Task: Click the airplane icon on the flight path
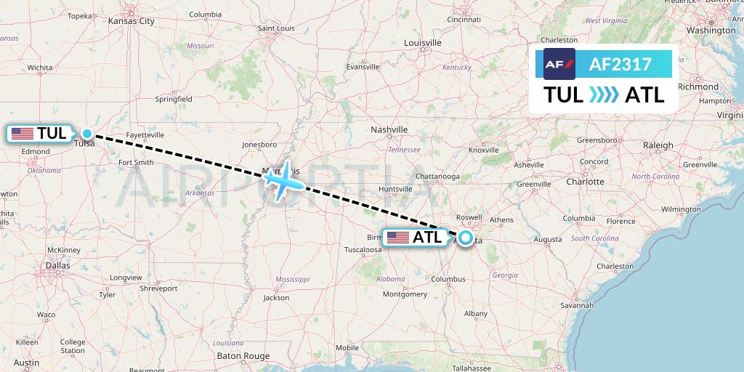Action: click(282, 179)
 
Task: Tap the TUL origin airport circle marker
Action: click(87, 133)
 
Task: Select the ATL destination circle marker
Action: click(465, 238)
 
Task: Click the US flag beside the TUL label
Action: click(23, 134)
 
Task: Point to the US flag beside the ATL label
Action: click(398, 238)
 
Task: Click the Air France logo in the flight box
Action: click(559, 64)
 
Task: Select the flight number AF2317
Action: click(620, 65)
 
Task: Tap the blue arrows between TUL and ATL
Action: click(604, 94)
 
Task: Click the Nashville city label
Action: click(389, 129)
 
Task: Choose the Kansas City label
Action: click(131, 21)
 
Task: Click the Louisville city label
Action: click(422, 43)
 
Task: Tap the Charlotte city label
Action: click(585, 182)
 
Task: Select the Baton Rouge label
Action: click(243, 355)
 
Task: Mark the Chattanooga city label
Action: click(437, 177)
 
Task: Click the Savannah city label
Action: click(577, 305)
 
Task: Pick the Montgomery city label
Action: click(404, 294)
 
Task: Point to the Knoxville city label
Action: click(483, 150)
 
